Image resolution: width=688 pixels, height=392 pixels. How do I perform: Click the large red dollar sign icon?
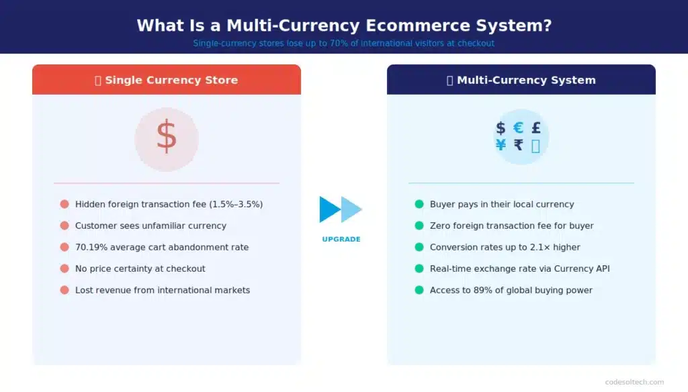[166, 136]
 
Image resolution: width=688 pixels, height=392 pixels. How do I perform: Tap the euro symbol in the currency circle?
[518, 128]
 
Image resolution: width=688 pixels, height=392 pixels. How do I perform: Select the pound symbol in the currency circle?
[535, 128]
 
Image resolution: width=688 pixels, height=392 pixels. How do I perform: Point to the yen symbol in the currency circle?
[501, 145]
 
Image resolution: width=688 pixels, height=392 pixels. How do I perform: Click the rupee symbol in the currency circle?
[518, 145]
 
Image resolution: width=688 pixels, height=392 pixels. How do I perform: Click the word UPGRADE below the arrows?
[341, 240]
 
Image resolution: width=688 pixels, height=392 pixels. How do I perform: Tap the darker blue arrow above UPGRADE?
[329, 209]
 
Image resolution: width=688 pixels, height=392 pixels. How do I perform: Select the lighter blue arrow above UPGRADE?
[352, 209]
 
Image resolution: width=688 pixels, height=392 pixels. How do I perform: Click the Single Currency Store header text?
[171, 80]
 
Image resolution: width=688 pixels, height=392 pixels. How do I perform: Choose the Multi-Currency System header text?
[526, 80]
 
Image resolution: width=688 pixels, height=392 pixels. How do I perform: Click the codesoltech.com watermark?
[634, 382]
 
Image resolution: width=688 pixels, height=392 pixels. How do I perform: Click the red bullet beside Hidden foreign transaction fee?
[64, 204]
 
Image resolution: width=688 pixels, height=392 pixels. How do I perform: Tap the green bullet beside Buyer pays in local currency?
[419, 204]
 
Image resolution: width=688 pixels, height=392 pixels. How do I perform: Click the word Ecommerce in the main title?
[411, 26]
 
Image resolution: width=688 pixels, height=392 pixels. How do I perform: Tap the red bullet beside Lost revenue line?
[64, 290]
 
